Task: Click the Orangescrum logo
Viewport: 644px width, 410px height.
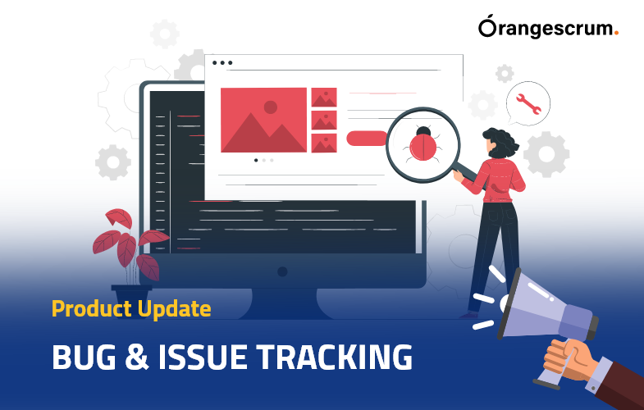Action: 548,29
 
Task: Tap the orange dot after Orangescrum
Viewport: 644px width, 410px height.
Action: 616,34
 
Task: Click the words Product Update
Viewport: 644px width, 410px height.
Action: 131,309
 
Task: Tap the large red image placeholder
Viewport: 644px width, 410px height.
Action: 263,121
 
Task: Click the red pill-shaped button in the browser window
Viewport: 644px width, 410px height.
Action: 367,138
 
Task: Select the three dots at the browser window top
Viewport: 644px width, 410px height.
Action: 222,62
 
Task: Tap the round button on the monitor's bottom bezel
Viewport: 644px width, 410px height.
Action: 282,271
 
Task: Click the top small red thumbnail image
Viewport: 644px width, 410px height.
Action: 324,98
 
